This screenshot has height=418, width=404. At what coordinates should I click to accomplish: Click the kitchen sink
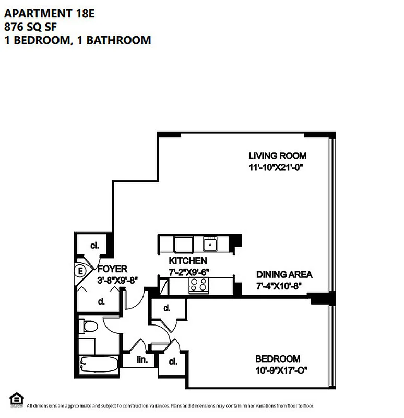click(x=210, y=243)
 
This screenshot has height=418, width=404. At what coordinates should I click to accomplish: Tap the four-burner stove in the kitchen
click(x=198, y=285)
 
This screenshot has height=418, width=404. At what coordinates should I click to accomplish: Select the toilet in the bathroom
click(x=90, y=328)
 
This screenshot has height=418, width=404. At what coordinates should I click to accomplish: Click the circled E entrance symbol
click(x=80, y=271)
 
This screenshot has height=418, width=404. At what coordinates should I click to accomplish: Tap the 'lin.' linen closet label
click(x=142, y=360)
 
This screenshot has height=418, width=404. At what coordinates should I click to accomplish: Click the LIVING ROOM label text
click(x=277, y=156)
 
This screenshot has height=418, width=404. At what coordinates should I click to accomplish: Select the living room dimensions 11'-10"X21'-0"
click(x=276, y=168)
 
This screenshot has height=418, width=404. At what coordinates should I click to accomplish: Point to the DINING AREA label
click(x=284, y=275)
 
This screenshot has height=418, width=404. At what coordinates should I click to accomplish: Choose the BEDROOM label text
click(x=277, y=359)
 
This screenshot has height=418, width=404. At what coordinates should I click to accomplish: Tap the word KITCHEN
click(x=187, y=261)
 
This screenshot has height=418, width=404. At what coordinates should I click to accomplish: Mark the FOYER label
click(x=112, y=269)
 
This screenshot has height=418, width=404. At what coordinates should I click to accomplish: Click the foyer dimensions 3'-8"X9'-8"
click(x=117, y=280)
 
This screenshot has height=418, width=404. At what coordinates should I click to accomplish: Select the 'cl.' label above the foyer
click(x=94, y=246)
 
